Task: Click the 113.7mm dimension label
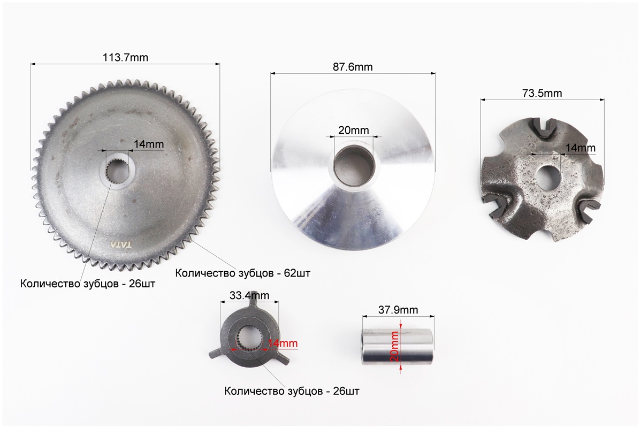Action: point(125,58)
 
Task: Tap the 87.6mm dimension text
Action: point(353,67)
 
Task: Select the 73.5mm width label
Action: point(542,94)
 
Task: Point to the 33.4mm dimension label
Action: point(249,295)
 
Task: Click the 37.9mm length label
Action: point(398,310)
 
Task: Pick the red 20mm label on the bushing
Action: point(394,346)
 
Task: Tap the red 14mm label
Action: point(283,343)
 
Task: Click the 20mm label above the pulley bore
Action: point(354,131)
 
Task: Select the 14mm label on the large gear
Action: point(149,144)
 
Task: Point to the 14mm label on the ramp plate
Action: point(581,148)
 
